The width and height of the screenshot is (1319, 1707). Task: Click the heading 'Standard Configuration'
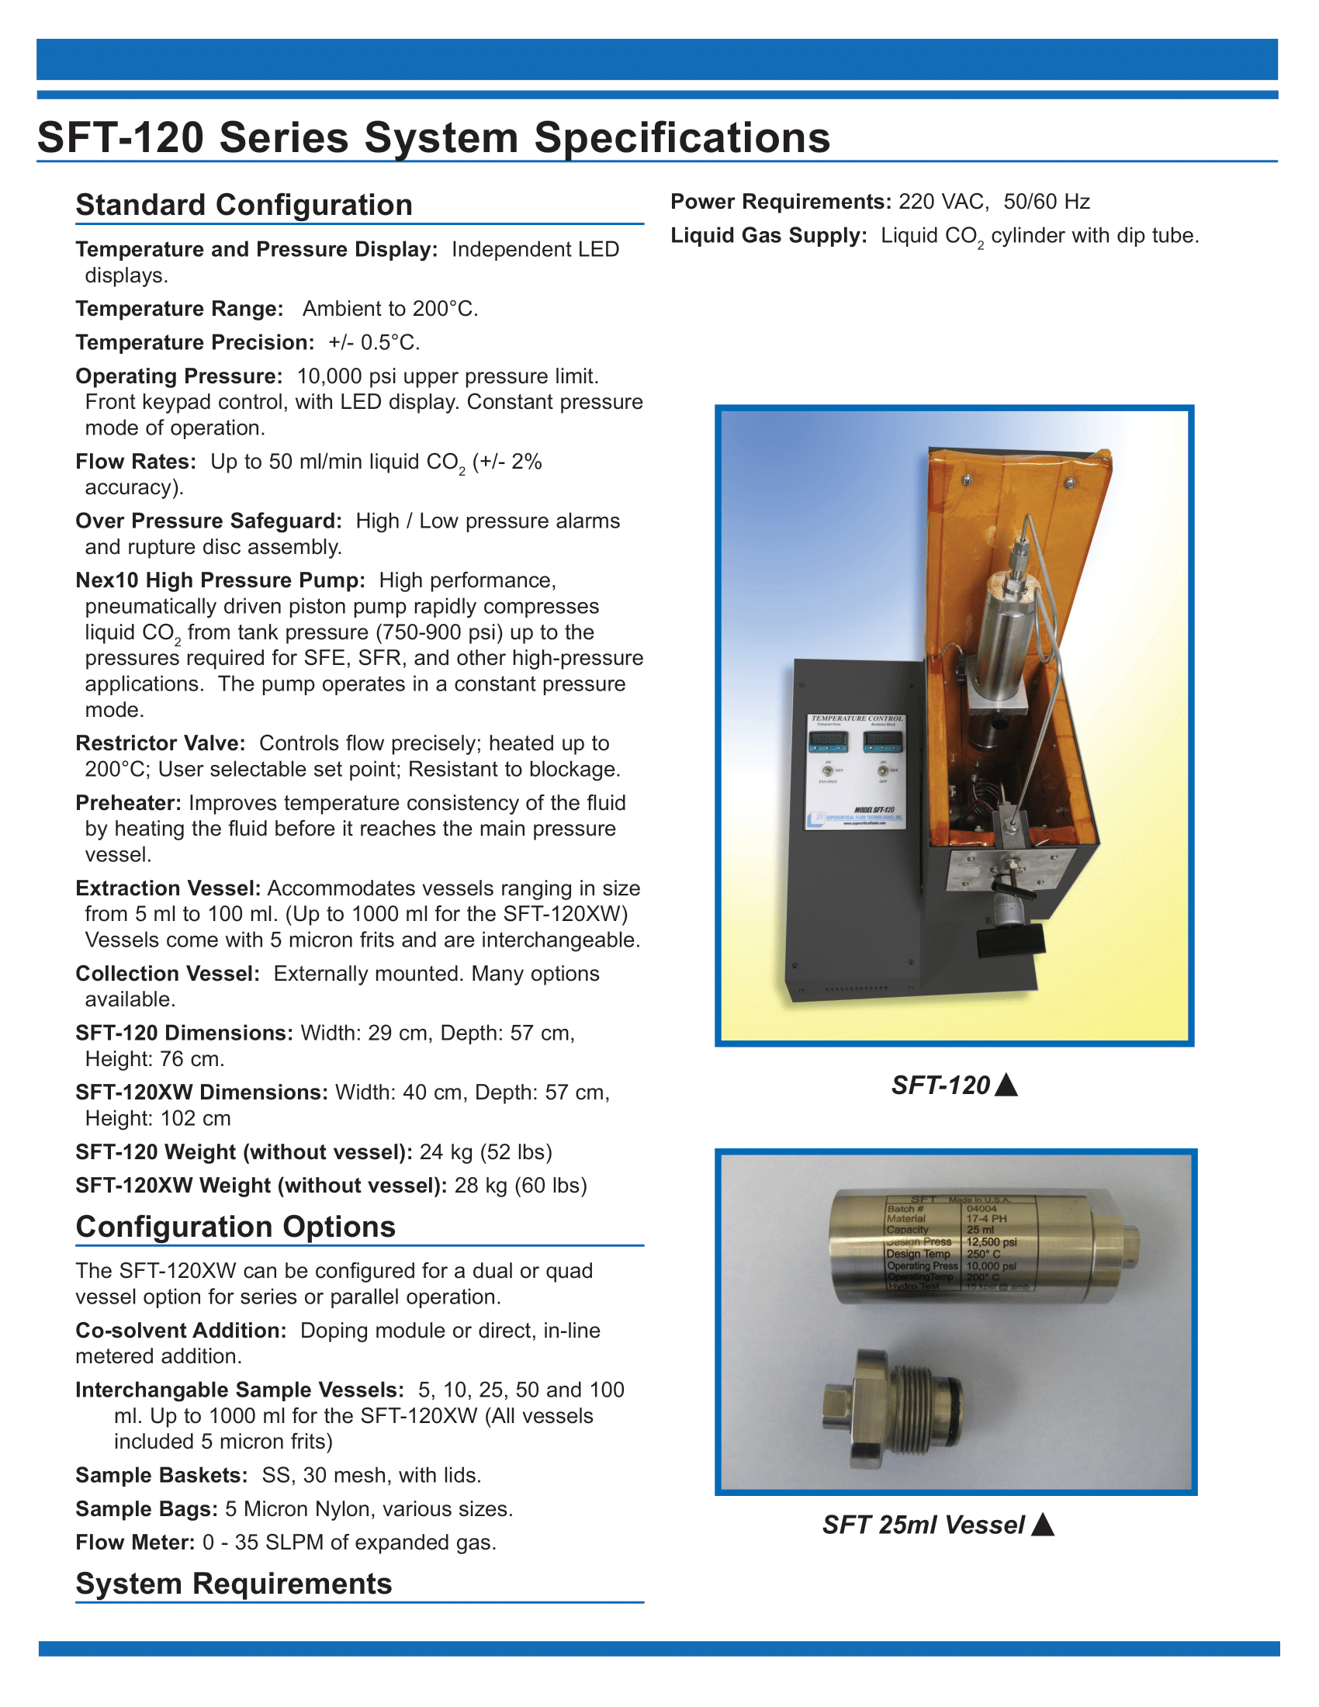tap(244, 205)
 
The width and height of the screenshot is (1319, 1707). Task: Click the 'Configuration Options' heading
tap(235, 1226)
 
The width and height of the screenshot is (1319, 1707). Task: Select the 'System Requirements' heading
tap(234, 1584)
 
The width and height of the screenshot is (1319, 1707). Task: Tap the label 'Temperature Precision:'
tap(195, 342)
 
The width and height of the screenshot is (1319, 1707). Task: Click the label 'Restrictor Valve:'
tap(160, 743)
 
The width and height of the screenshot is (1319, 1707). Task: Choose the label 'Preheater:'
tap(128, 803)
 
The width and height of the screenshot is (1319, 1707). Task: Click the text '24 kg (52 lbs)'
tap(485, 1152)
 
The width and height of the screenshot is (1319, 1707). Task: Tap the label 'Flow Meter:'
tap(134, 1542)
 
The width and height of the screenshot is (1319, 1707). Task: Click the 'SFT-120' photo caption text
tap(941, 1085)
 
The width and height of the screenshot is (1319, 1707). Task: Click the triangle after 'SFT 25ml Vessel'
tap(1042, 1525)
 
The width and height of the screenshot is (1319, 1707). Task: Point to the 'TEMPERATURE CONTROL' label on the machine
tap(857, 718)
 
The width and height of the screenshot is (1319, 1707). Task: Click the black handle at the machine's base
tap(1011, 940)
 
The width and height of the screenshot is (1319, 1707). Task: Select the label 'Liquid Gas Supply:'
tap(768, 235)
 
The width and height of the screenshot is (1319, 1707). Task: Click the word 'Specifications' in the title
tap(681, 137)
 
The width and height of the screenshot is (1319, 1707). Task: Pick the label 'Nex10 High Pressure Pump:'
tap(220, 580)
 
